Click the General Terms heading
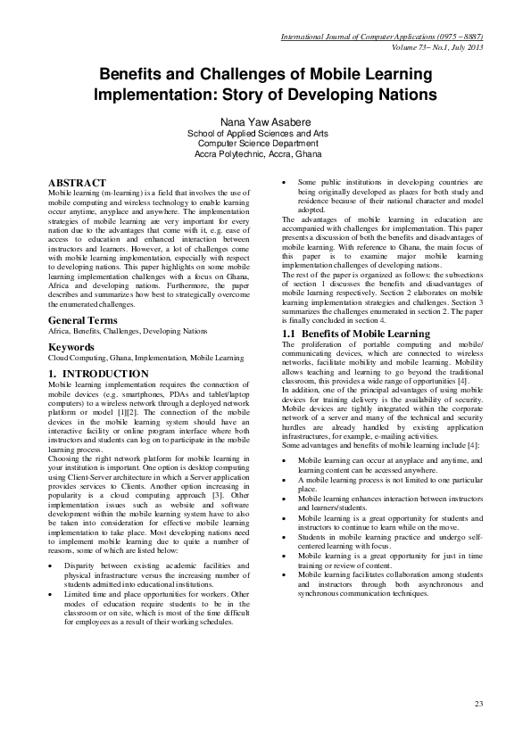pyautogui.click(x=82, y=319)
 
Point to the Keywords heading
pyautogui.click(x=71, y=346)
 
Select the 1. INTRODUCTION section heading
pyautogui.click(x=98, y=373)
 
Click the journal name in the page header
pyautogui.click(x=382, y=37)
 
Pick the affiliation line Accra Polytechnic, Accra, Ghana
pyautogui.click(x=265, y=153)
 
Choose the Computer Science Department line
pyautogui.click(x=265, y=143)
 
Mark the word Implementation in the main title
pyautogui.click(x=145, y=95)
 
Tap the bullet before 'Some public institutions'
pyautogui.click(x=285, y=183)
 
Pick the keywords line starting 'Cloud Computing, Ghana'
pyautogui.click(x=145, y=358)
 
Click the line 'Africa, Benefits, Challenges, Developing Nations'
pyautogui.click(x=127, y=331)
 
